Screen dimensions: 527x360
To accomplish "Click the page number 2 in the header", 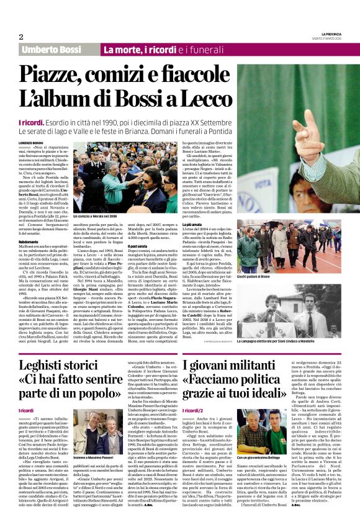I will click(x=20, y=36).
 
